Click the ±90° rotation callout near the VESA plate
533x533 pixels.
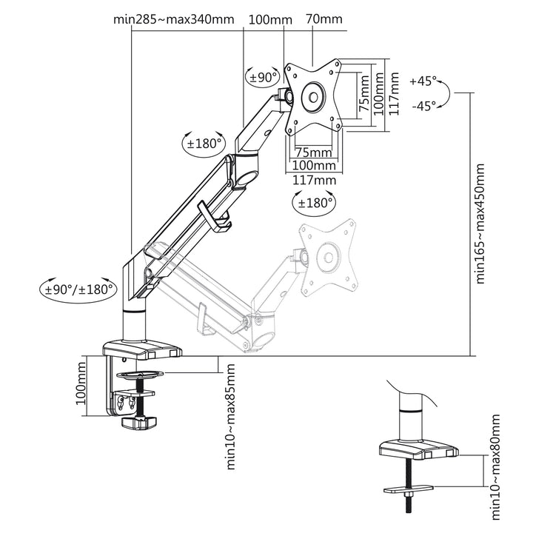pyautogui.click(x=263, y=76)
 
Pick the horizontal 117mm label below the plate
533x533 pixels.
pyautogui.click(x=315, y=180)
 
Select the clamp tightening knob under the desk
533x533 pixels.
pyautogui.click(x=140, y=423)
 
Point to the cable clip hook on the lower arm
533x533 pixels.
pyautogui.click(x=216, y=222)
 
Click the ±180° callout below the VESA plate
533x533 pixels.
pyautogui.click(x=315, y=202)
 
